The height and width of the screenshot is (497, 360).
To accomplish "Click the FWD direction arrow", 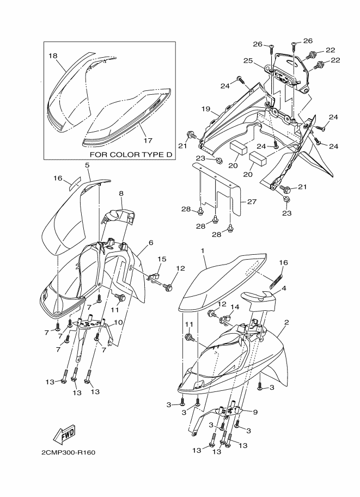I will (x=64, y=434).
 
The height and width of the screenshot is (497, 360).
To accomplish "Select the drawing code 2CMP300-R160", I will (x=70, y=452).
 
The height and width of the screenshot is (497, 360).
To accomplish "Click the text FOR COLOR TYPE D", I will (x=131, y=155).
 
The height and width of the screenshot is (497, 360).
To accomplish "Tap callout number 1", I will (x=202, y=251).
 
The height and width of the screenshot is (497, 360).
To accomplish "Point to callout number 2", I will (x=286, y=322).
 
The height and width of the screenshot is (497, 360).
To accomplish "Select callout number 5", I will (x=87, y=164).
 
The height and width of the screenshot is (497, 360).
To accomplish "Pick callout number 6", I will (x=150, y=243).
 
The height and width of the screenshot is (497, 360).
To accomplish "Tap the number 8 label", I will (x=121, y=193).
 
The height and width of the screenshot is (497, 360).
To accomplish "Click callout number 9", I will (x=255, y=412).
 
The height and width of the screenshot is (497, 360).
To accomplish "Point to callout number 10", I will (x=118, y=322).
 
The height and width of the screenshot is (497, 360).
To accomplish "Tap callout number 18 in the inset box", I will (x=53, y=56).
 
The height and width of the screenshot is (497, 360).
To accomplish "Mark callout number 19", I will (x=205, y=109).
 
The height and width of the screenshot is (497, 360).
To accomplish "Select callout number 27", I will (x=251, y=201).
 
